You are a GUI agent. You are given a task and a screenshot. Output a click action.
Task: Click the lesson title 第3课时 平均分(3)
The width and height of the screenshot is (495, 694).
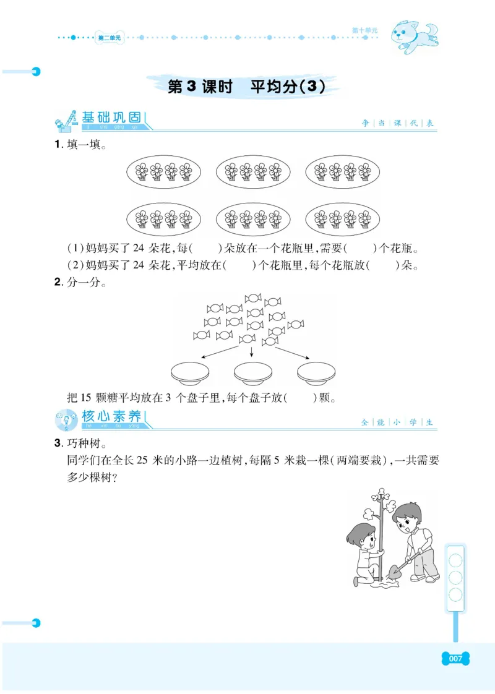(x=246, y=88)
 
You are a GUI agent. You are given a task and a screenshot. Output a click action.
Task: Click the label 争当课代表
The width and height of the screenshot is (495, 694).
(x=398, y=123)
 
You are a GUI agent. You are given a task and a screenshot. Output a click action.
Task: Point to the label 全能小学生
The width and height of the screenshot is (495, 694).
(x=398, y=422)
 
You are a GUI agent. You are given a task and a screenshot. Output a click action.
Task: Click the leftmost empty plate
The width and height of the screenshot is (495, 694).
(x=190, y=372)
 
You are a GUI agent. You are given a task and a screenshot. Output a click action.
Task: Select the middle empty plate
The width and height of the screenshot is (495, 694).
(x=253, y=372)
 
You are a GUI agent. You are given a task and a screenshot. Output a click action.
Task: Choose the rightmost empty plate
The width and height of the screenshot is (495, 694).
(x=316, y=372)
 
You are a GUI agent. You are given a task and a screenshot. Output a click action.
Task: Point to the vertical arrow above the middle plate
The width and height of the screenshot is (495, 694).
(x=252, y=350)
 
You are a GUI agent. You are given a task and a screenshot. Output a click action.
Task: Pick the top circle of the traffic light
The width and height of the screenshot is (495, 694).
(x=456, y=561)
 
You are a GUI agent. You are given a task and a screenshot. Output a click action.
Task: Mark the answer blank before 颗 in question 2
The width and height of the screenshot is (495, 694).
(x=302, y=397)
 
